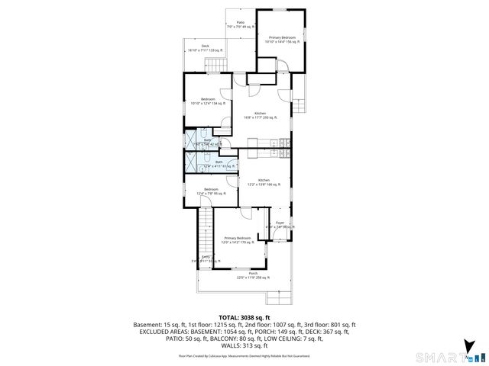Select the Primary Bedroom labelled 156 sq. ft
coord(282,39)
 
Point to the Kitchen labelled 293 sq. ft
coord(260,115)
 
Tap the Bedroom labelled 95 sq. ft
coord(211,191)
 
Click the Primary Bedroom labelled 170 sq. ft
coord(238,240)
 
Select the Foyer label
coord(280,224)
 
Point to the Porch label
coord(252,275)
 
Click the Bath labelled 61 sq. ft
coord(219,164)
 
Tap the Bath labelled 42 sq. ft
coord(207,141)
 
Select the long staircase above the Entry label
coord(204,230)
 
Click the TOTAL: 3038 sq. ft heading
coord(244,316)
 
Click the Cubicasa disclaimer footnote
coord(244,355)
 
